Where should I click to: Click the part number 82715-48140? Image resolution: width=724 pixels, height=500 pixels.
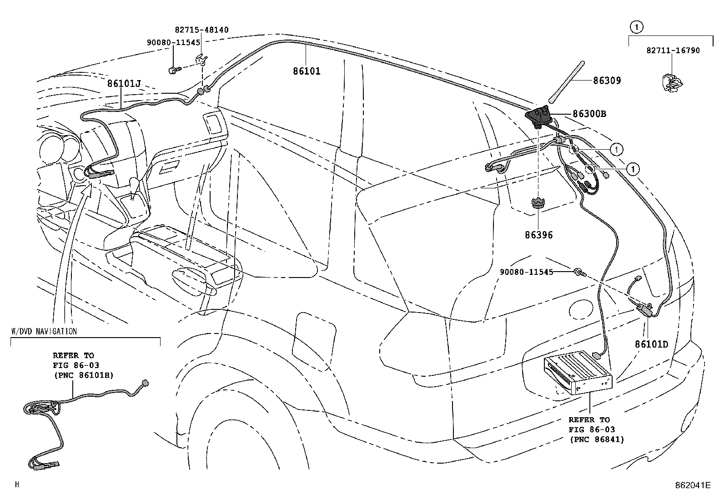(x=201, y=30)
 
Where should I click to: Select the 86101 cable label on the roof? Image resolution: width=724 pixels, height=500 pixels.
(x=307, y=71)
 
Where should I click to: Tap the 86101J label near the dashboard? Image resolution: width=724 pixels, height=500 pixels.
(x=124, y=84)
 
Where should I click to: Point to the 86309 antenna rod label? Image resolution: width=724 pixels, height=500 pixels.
(x=607, y=81)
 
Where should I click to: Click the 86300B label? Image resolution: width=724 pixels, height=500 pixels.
(x=589, y=114)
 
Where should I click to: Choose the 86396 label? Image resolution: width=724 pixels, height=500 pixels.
(x=539, y=235)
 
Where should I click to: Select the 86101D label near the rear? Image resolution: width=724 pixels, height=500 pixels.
(x=651, y=344)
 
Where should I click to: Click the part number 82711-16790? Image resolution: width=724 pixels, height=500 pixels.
(x=673, y=51)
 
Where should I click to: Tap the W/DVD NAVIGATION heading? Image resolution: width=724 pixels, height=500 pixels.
(x=44, y=331)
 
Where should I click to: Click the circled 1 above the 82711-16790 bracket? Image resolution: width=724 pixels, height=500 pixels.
(x=636, y=27)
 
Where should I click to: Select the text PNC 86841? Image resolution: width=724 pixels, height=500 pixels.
(x=597, y=439)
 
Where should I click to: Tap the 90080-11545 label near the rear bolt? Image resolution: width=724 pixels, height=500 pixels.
(x=527, y=272)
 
